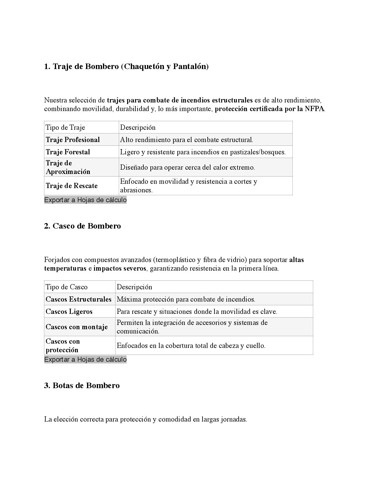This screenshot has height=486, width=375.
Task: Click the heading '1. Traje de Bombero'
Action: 126,67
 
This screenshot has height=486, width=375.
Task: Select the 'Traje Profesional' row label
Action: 73,140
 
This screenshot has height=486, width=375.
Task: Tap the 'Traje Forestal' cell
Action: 68,152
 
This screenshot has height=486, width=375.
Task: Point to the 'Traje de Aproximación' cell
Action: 68,167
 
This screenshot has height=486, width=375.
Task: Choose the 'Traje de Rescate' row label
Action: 72,186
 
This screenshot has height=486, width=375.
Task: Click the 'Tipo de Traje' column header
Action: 65,128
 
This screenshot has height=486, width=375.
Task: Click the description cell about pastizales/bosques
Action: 203,152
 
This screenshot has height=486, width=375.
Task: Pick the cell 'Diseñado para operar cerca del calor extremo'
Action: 187,168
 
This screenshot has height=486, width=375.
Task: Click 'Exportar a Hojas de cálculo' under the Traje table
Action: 85,200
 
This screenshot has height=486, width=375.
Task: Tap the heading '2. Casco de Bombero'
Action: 82,226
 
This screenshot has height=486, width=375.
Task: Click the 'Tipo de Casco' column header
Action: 66,287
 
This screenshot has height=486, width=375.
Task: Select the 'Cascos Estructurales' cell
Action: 78,299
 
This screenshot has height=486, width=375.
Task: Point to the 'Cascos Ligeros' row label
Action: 69,312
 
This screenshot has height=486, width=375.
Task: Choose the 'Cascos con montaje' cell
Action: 77,327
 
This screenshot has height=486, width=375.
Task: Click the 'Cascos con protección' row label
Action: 63,346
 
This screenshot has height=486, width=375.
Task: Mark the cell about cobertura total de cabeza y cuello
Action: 191,346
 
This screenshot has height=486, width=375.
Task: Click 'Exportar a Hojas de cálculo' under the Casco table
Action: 85,360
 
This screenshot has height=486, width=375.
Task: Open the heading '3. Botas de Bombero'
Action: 82,386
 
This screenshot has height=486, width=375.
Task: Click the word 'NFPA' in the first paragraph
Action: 314,109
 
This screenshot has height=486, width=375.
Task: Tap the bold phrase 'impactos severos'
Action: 120,268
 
